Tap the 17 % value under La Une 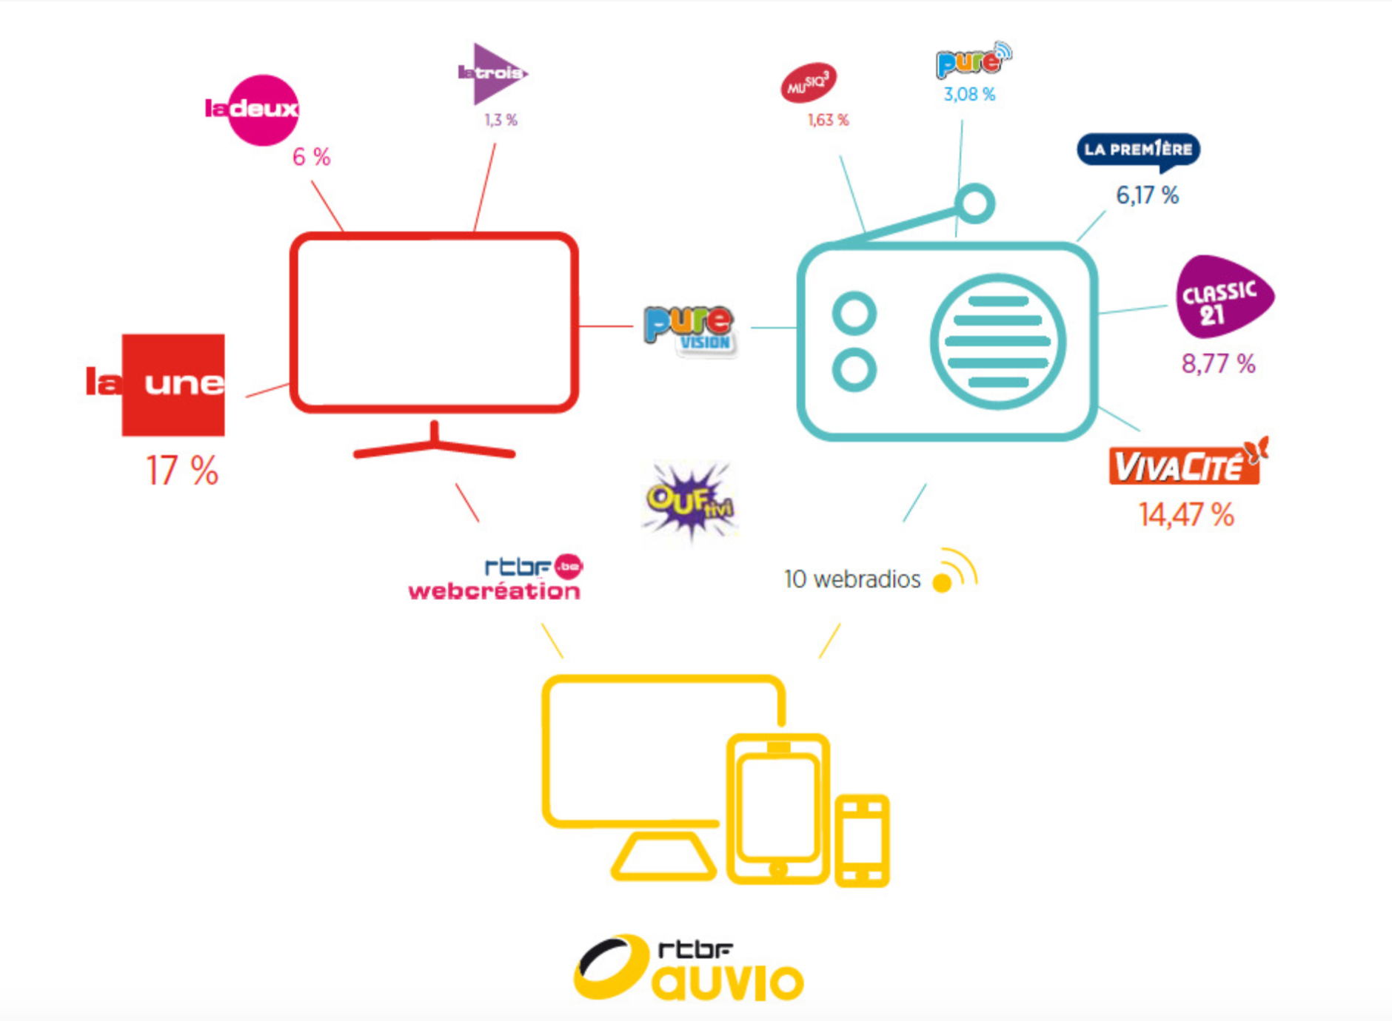point(182,471)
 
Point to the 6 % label point(311,157)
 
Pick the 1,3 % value point(501,120)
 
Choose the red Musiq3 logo point(808,83)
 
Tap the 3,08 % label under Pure point(968,94)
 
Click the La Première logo point(1138,150)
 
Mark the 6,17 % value point(1147,195)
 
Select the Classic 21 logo point(1221,297)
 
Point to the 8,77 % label point(1218,363)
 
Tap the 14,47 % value point(1185,515)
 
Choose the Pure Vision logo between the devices point(689,330)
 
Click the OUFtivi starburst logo point(689,501)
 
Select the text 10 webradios point(852,579)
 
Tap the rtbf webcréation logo point(495,579)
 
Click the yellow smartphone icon point(862,840)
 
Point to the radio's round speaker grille point(997,341)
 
